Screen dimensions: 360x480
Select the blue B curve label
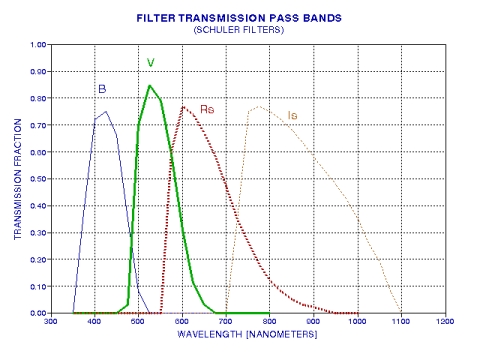point(102,88)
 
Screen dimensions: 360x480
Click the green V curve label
point(150,63)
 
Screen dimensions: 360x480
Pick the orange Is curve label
point(292,116)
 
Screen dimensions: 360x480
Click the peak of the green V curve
point(149,85)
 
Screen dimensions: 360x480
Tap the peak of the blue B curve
point(106,111)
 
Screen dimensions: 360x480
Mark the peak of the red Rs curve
point(183,106)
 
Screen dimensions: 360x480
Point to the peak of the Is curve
point(259,106)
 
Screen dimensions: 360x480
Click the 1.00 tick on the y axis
point(39,44)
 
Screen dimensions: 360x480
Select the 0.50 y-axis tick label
point(39,179)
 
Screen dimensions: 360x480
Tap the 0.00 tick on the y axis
point(39,313)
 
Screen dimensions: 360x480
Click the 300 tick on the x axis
point(50,323)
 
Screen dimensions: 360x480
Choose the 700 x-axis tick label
point(226,323)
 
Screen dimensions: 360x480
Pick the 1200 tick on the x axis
point(445,323)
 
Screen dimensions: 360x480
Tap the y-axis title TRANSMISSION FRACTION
point(17,179)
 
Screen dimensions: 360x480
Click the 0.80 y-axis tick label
point(39,98)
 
